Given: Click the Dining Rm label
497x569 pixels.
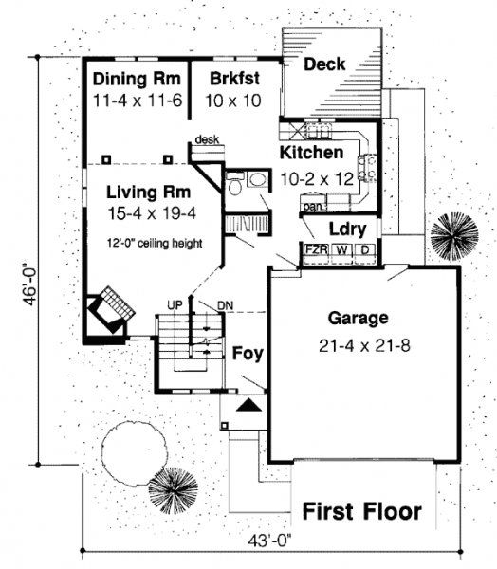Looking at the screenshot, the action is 137,79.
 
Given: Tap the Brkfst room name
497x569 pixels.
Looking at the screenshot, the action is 234,79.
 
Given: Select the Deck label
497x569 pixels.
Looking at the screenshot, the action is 324,64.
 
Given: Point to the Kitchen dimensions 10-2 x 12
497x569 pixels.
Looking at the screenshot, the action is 317,179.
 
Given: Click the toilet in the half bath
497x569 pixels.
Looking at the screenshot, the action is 235,184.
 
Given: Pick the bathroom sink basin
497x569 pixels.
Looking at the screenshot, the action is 258,179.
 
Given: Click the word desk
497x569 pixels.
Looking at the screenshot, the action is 207,139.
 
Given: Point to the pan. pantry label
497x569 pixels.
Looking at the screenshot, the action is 313,207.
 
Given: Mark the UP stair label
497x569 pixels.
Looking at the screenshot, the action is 175,305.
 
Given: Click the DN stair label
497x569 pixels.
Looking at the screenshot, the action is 225,305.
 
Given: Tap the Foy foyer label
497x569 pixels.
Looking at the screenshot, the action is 248,354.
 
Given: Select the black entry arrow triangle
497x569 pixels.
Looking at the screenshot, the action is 248,405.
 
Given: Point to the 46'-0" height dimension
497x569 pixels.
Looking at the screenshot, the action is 30,283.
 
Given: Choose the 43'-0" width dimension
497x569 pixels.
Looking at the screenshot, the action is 270,541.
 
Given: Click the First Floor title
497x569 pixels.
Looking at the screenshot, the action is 362,511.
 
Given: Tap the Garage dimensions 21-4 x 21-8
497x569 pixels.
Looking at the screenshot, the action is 364,346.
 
